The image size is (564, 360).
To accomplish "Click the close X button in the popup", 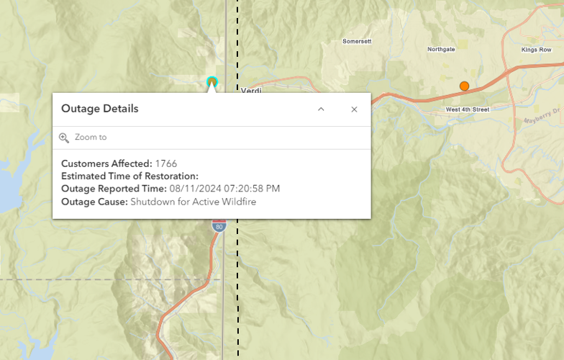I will tap(354, 109).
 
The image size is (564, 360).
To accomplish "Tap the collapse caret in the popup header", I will tap(321, 109).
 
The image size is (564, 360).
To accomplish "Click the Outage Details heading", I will tap(99, 109).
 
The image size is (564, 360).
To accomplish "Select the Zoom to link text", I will tap(91, 137).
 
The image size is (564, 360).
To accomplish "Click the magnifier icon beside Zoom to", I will tap(64, 138).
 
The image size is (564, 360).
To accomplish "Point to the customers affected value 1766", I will tap(166, 163).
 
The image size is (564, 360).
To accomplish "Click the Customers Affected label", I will tap(106, 163).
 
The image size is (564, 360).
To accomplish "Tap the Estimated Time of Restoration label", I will tap(129, 176).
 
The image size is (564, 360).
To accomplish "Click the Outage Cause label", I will tap(94, 202).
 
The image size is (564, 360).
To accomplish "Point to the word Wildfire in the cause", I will tap(238, 202).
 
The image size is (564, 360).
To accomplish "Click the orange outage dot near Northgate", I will tap(464, 86).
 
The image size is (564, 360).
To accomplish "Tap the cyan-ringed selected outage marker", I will tap(211, 81).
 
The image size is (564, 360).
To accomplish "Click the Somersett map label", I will tap(357, 42).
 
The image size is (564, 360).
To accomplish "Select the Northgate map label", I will tap(441, 50).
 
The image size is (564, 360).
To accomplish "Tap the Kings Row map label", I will tap(535, 50).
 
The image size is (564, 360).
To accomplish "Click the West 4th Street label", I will tap(467, 109).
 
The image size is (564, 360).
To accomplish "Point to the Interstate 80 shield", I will tap(217, 226).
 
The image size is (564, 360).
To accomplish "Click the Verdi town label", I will tap(251, 90).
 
